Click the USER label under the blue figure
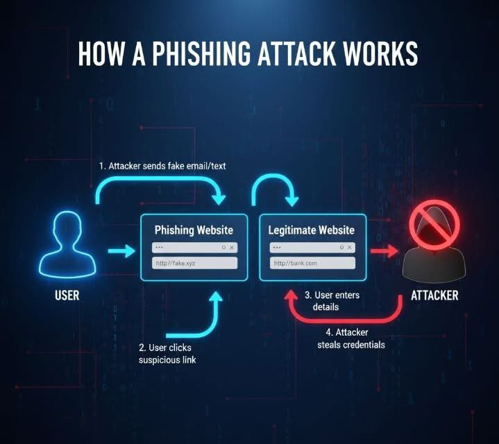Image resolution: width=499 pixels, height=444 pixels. coord(67,296)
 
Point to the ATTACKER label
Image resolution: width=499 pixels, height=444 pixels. coord(434,296)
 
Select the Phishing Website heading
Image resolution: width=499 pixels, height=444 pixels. coord(194,230)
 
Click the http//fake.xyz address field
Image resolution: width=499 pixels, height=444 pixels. coord(194,264)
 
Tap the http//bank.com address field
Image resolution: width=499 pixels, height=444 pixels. coord(312,264)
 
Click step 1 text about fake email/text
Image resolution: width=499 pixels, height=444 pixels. coord(162,166)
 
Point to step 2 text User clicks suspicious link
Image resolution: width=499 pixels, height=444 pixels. coord(168,354)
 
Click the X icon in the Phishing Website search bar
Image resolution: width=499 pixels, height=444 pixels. coord(232,247)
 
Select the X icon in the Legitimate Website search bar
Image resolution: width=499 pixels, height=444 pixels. coord(350,247)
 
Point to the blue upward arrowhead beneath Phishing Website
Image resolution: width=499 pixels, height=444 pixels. coord(217,298)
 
